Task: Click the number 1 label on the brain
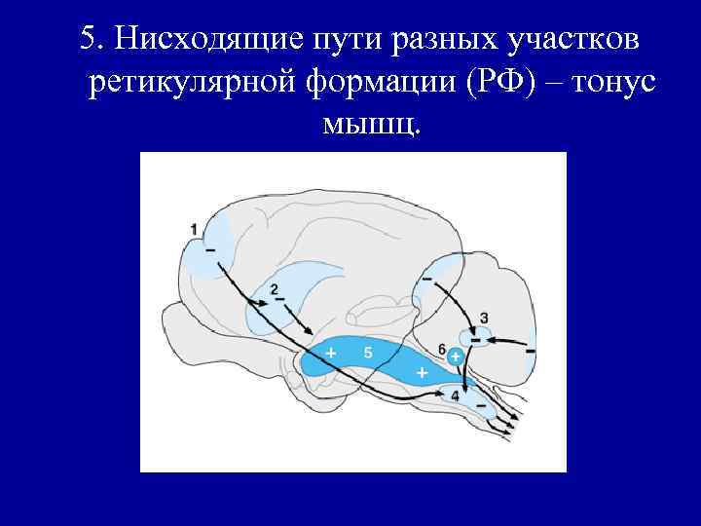[194, 229]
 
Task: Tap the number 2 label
[274, 288]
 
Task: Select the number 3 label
[484, 318]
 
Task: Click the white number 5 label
[367, 352]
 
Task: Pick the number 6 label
[442, 349]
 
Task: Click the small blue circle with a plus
[455, 358]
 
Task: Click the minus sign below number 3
[475, 340]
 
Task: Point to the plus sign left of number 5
[331, 352]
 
